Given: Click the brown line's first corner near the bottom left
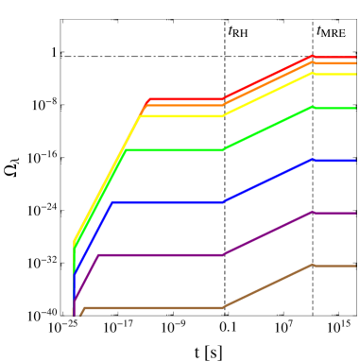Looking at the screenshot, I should click(x=85, y=308).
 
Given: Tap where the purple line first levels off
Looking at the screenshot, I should click(x=99, y=255).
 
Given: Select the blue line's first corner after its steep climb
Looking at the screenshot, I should click(x=112, y=202).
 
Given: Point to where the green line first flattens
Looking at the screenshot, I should click(x=126, y=150).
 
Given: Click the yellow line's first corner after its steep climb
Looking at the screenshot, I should click(x=140, y=116).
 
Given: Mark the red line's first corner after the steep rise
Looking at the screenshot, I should click(x=148, y=99).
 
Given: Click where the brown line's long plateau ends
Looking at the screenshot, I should click(x=222, y=308).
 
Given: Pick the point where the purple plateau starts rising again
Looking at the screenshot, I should click(x=222, y=255).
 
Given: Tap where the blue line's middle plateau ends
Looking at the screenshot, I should click(x=222, y=202).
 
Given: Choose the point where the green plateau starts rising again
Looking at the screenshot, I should click(x=222, y=150).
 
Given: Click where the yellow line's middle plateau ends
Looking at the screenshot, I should click(x=222, y=116).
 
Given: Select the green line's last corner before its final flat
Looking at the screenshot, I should click(x=312, y=108).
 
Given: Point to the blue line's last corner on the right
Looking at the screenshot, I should click(x=312, y=161).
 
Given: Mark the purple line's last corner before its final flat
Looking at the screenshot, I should click(x=312, y=213).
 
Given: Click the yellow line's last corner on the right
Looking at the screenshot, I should click(x=312, y=74).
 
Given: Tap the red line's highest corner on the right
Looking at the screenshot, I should click(x=312, y=57).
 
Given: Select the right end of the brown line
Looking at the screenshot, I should click(x=355, y=266).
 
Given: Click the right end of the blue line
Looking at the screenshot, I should click(x=355, y=161).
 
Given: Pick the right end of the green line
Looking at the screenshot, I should click(x=355, y=108).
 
